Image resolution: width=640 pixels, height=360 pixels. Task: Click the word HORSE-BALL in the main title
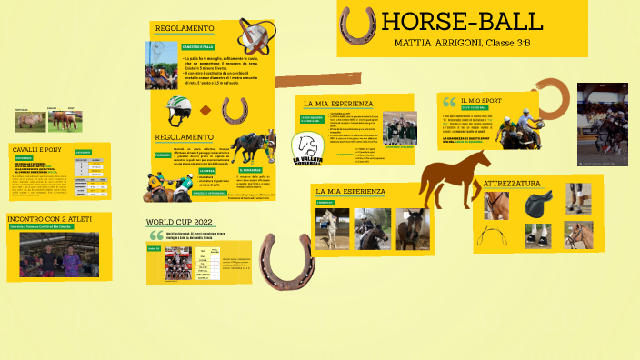coord(462,23)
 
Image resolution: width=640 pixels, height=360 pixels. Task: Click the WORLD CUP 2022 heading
coord(179,222)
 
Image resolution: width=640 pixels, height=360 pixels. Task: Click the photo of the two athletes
coord(59,254)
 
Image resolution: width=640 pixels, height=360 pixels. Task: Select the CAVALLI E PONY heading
coord(37,148)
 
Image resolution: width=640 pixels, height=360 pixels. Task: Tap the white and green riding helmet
coord(178,112)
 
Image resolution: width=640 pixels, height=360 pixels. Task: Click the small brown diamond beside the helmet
coord(205,111)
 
